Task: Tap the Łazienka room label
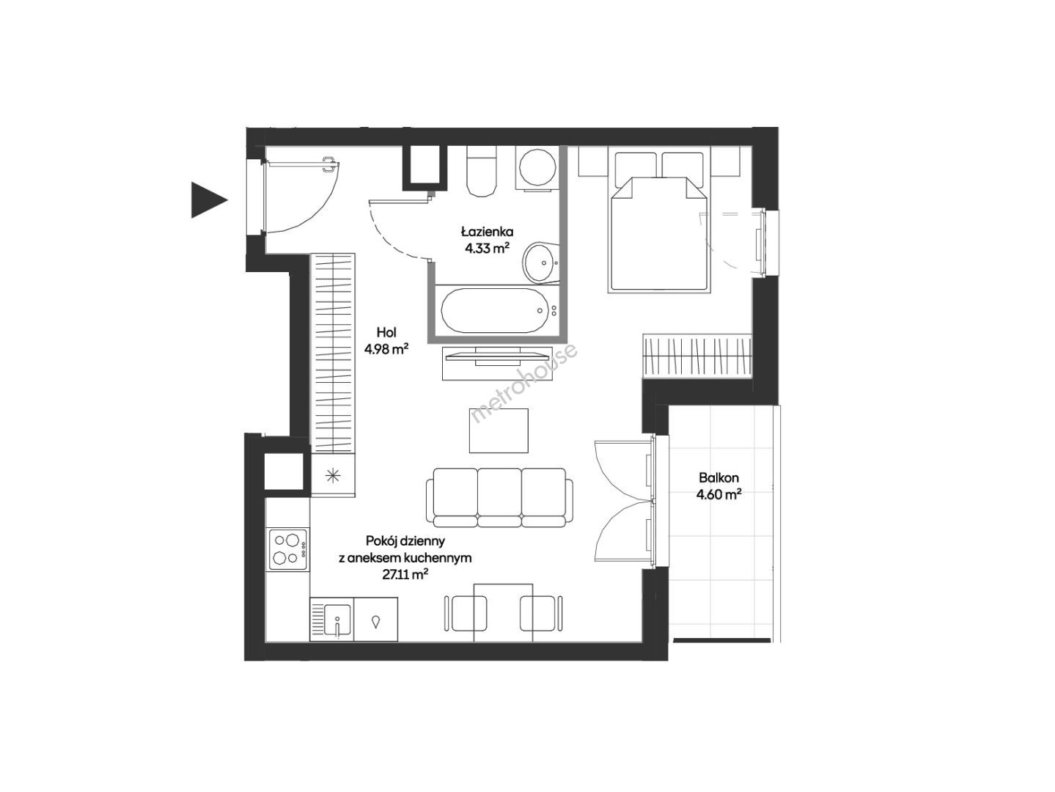(487, 232)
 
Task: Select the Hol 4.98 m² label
(386, 340)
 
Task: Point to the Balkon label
(718, 477)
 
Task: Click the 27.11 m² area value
(405, 574)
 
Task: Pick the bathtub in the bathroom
(495, 310)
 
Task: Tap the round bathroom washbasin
(540, 263)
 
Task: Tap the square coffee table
(499, 430)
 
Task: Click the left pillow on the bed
(636, 166)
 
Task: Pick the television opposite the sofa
(498, 356)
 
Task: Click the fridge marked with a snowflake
(333, 474)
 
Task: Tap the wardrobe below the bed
(697, 356)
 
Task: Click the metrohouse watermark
(524, 381)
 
